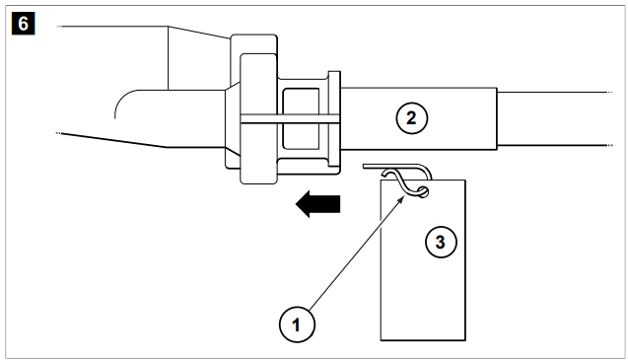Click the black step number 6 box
point(24,24)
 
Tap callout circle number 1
point(297,324)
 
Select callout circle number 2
point(412,118)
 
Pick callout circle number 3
point(441,242)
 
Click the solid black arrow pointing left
point(317,203)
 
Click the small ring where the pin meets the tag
point(422,192)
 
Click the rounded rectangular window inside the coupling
point(301,118)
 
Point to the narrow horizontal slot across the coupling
point(290,119)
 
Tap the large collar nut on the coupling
point(258,118)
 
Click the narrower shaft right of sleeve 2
point(554,118)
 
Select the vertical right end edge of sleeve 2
point(497,118)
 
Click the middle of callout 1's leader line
point(356,253)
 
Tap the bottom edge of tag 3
point(423,340)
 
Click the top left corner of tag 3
point(381,180)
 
